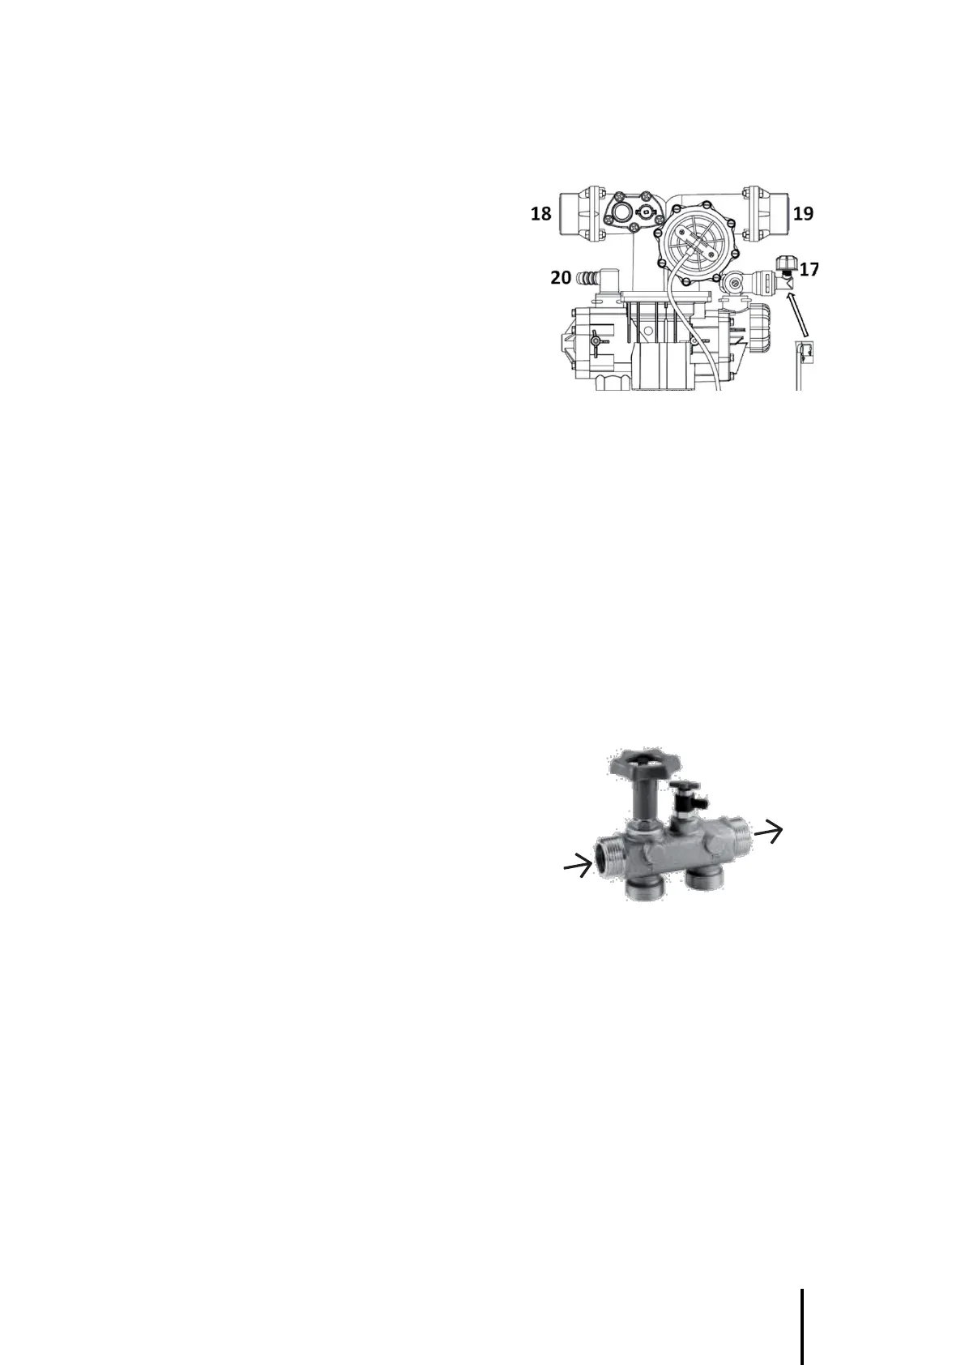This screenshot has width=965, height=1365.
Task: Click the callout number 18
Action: [x=540, y=214]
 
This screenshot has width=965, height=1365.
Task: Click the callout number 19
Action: [x=803, y=214]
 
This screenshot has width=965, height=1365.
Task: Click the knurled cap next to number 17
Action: [x=784, y=264]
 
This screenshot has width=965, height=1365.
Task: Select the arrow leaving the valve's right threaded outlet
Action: [x=770, y=831]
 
